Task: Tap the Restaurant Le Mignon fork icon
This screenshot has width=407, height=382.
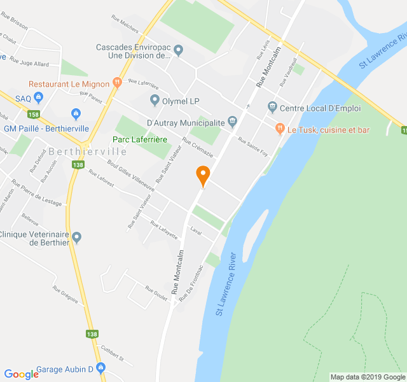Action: point(116,83)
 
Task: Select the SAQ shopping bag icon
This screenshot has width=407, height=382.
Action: point(39,98)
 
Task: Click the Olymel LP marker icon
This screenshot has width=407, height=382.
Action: point(154,100)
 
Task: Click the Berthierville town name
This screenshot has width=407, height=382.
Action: point(87,152)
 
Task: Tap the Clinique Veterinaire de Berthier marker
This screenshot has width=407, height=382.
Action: point(77,237)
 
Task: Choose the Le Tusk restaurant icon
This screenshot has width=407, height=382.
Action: point(279,129)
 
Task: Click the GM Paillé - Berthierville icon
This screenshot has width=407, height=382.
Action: point(76,114)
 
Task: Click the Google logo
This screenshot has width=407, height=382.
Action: point(21,374)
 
